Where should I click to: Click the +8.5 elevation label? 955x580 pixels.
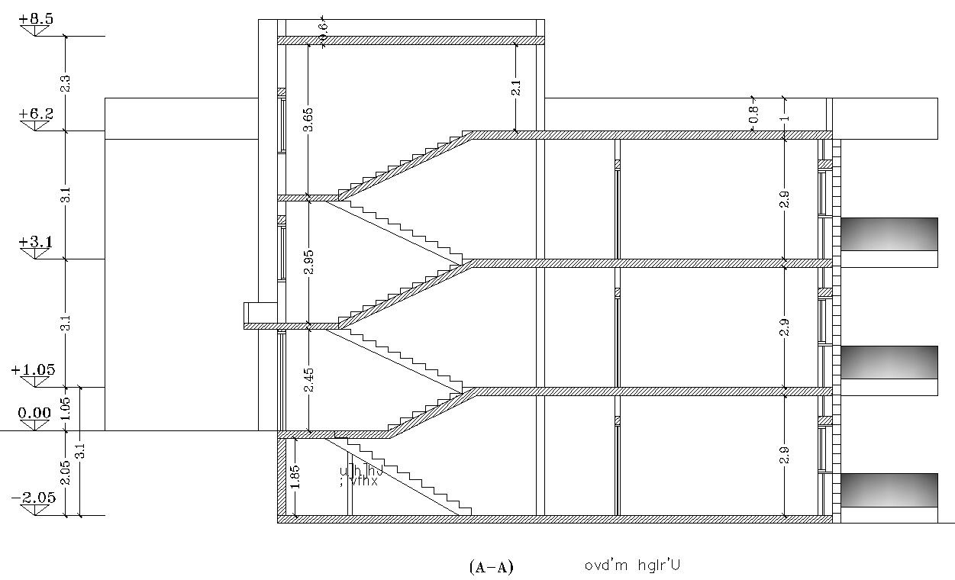(37, 19)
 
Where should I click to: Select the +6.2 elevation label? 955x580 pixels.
(37, 114)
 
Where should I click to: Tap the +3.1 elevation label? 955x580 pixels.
(37, 243)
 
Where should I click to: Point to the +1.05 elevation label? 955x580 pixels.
(34, 370)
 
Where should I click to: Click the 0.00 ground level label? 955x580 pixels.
(34, 413)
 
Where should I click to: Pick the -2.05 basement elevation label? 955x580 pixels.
(34, 498)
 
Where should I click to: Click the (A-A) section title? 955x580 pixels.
(491, 567)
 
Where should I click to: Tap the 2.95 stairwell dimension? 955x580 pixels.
(308, 262)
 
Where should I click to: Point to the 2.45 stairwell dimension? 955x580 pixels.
(308, 380)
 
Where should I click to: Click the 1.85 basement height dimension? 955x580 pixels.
(294, 478)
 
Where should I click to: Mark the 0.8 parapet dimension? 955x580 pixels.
(753, 114)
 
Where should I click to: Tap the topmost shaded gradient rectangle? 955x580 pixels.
(889, 234)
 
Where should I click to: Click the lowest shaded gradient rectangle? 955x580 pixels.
(889, 490)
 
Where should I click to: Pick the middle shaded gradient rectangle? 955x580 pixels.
(889, 362)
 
